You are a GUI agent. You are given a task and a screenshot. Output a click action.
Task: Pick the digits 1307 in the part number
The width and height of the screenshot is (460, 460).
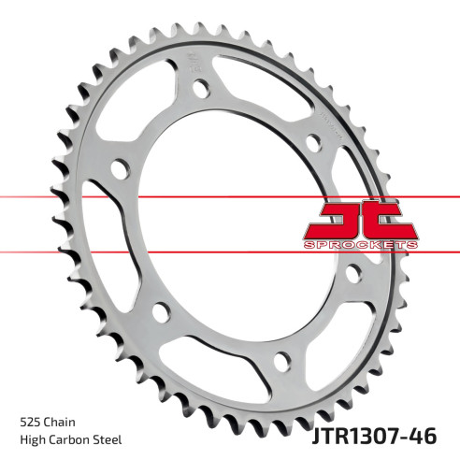[x=383, y=435]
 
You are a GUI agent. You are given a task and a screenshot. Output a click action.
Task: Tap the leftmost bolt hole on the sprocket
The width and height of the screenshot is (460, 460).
[x=119, y=170]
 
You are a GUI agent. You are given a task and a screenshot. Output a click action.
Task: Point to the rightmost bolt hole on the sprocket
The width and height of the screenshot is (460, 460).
[x=353, y=274]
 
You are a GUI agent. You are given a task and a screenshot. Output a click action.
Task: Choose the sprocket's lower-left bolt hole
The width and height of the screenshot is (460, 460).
[x=160, y=313]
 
